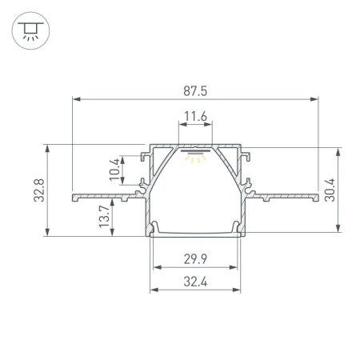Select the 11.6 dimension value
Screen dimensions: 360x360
(x=194, y=117)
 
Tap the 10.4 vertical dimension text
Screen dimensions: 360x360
(x=114, y=170)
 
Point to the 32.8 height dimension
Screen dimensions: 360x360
(x=38, y=190)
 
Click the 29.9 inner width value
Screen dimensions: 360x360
(x=194, y=258)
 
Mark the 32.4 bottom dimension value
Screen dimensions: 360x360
(x=194, y=282)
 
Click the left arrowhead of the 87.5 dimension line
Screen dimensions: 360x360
(x=77, y=99)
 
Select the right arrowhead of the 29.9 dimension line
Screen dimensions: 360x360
(x=236, y=268)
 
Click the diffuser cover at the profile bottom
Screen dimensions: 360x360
(x=194, y=233)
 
